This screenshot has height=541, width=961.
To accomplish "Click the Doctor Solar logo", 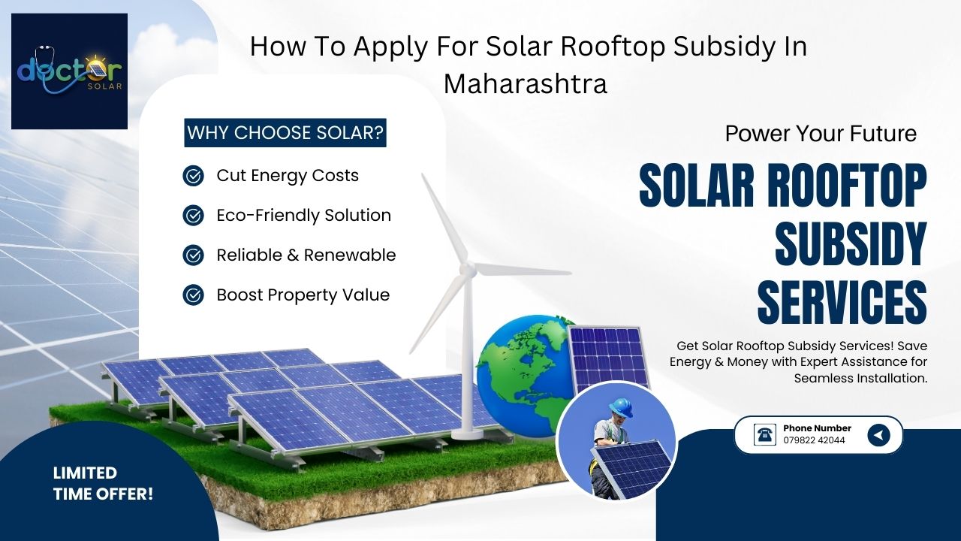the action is pos(70,71).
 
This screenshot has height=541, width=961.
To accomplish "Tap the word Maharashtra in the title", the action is pos(525,83).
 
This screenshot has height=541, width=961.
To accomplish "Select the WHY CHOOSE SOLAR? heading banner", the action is pos(285,133).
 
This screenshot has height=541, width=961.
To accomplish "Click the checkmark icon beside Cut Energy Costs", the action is pos(193,176).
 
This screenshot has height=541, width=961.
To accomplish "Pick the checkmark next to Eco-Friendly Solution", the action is pos(193,215).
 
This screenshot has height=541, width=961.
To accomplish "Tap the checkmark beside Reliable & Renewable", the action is pos(193,255).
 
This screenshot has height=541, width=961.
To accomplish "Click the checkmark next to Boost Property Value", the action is pos(193,295).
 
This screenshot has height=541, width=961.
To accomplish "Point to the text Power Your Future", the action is pos(821,134).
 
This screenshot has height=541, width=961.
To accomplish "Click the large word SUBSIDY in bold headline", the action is pos(851,243).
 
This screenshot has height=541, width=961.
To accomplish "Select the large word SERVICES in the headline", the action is pos(842,302).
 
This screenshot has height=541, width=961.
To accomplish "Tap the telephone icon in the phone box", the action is pos(764,434).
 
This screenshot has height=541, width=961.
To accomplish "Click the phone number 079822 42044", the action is pos(815,440).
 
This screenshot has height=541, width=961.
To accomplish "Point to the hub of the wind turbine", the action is pos(468,269).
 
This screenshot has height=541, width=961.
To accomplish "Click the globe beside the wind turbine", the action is pos(526,376).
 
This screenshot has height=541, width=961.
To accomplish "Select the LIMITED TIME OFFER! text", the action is pos(103,483).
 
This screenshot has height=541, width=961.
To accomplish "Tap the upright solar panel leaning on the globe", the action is pos(608,358).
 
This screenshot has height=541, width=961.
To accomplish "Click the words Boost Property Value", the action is pos(303,295).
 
